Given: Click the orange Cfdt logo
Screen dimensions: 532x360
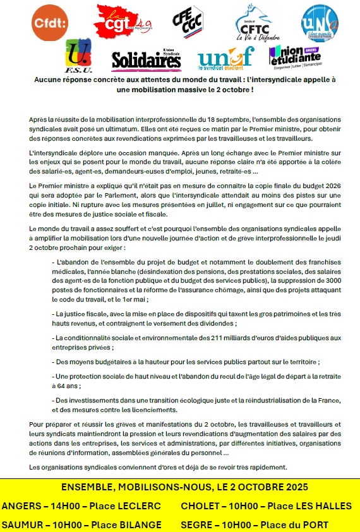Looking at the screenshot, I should coord(49,23).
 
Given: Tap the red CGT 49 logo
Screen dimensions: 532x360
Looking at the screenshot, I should coord(121,20).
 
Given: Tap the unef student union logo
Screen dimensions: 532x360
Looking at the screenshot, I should coord(225,58).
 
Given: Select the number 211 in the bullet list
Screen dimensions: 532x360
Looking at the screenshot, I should coord(210,338).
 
